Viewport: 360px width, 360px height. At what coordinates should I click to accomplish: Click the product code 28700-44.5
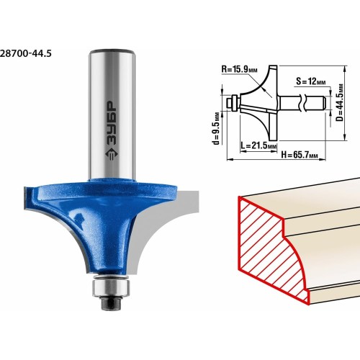click(26, 53)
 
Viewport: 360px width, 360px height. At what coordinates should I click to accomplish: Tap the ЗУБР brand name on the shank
click(112, 124)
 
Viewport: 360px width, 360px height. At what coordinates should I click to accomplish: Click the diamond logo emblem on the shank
click(112, 155)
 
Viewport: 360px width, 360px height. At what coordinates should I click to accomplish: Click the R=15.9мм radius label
click(239, 69)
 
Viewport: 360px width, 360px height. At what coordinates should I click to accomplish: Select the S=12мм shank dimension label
click(310, 81)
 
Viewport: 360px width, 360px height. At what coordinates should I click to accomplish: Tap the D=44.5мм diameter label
click(340, 102)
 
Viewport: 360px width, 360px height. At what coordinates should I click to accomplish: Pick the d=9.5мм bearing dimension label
click(216, 128)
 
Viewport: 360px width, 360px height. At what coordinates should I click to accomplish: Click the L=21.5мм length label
click(258, 145)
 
